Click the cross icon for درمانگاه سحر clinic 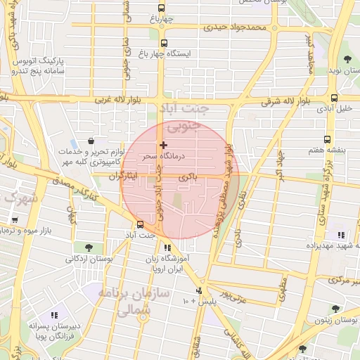(164, 145)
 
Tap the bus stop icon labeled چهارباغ (161, 8)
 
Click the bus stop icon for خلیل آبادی (334, 98)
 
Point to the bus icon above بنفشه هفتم (327, 139)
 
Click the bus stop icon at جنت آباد (140, 224)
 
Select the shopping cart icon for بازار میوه (14, 220)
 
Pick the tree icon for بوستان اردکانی (88, 247)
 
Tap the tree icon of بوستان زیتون (335, 309)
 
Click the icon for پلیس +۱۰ (200, 290)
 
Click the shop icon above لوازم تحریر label (91, 141)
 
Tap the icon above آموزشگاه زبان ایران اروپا (167, 247)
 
